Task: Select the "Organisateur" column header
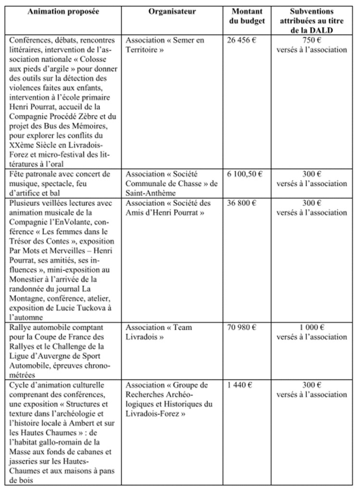tap(172, 11)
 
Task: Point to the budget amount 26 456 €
tap(242, 40)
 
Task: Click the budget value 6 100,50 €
tap(245, 174)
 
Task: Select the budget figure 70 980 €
tap(242, 328)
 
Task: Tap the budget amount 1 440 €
tap(239, 385)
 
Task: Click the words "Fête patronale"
tap(32, 174)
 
